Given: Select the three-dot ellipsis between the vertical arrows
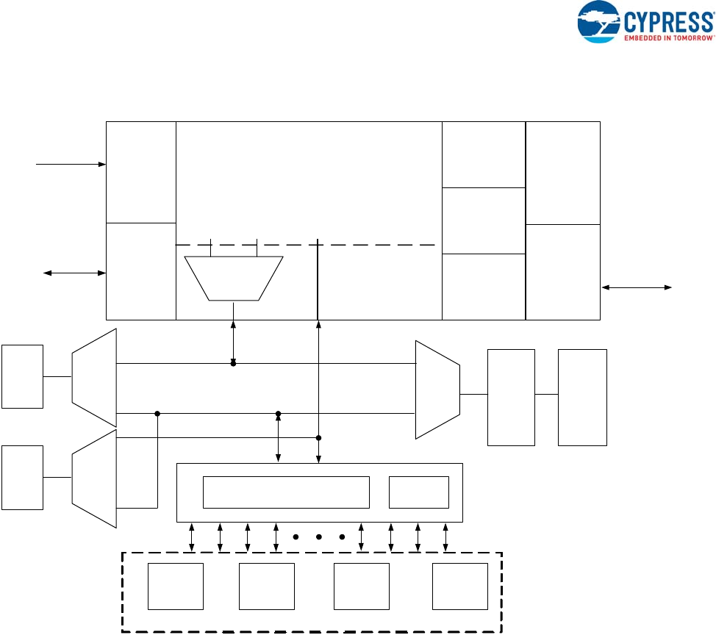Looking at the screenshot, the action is [x=319, y=537].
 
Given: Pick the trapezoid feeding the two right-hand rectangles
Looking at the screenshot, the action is [x=437, y=390].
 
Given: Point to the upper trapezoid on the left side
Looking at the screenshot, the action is [x=95, y=378].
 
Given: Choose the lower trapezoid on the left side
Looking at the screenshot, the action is [x=95, y=479].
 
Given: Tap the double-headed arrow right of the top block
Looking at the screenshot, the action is [x=637, y=288].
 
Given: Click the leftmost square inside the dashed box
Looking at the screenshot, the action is [x=176, y=586].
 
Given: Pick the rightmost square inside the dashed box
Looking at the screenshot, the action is [x=460, y=586].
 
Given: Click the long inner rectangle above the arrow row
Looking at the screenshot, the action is [x=286, y=492].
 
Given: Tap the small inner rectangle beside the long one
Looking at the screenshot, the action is [x=418, y=492].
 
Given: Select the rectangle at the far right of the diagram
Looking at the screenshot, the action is [x=582, y=397].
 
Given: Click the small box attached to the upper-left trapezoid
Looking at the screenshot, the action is [x=22, y=376].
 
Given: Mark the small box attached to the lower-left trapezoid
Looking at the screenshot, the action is [x=22, y=478].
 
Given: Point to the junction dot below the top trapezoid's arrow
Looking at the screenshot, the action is [x=233, y=364].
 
